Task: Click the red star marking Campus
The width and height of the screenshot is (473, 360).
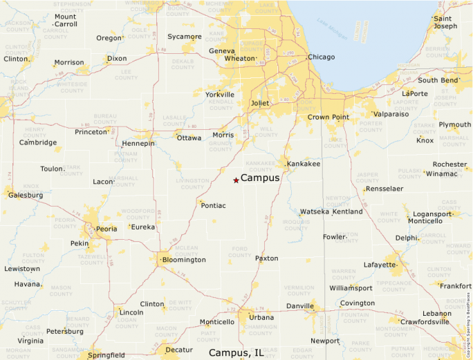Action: pos(236,180)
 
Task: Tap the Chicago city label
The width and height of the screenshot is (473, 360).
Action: pos(321,57)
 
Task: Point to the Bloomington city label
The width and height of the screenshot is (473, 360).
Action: pos(183,260)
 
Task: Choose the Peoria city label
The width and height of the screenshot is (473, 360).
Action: pos(106,228)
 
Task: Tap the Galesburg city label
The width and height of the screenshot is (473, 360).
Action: pos(26,195)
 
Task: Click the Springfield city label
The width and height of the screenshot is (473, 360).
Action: pos(106,355)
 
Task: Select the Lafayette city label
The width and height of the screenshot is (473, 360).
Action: pos(380,264)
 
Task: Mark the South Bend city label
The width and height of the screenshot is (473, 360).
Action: pos(438,80)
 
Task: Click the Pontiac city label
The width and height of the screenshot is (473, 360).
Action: pos(212,205)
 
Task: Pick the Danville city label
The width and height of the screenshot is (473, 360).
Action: pos(300,305)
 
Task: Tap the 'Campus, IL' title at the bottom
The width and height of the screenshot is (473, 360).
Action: pos(236,352)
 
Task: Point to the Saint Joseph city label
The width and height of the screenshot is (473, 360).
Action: pos(445,22)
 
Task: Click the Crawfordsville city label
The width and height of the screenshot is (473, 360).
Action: pos(425,321)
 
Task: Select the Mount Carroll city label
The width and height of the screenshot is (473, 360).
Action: pos(65,20)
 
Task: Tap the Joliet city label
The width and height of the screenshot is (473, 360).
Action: pos(259,103)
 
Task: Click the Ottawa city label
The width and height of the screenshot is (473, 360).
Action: pos(189,138)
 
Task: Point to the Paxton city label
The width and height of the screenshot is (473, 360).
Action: pos(267,258)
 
